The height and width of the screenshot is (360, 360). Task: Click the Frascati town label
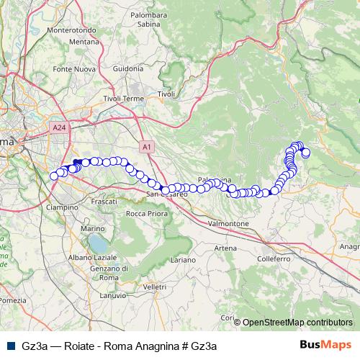[x=105, y=202]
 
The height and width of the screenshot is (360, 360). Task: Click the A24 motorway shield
[x=60, y=127]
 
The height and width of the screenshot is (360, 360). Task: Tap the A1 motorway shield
[x=147, y=147]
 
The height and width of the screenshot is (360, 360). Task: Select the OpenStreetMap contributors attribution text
[x=297, y=323]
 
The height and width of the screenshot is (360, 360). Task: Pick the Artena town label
[x=225, y=248]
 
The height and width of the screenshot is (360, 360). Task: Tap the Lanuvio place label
[x=113, y=294]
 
